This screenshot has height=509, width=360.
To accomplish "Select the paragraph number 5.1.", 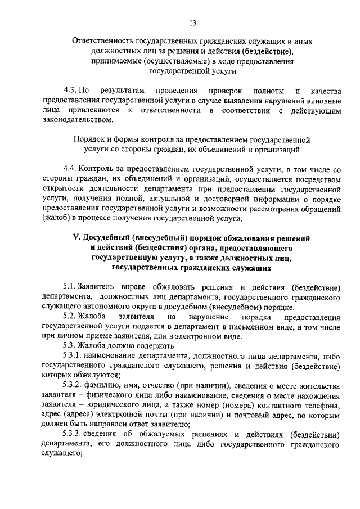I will (x=70, y=286).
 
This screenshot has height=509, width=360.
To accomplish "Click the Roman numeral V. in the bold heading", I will (x=78, y=238).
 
